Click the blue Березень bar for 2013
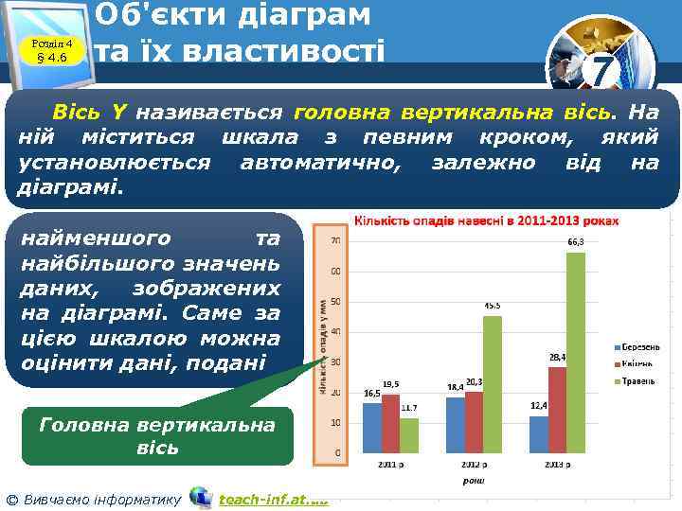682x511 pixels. (x=539, y=433)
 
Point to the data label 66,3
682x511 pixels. (x=575, y=243)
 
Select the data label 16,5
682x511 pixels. (x=371, y=393)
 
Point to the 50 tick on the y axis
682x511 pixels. (x=336, y=302)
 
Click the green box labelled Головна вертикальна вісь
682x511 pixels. (x=157, y=435)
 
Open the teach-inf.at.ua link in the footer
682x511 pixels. (x=273, y=498)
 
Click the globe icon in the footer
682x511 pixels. (x=201, y=497)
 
